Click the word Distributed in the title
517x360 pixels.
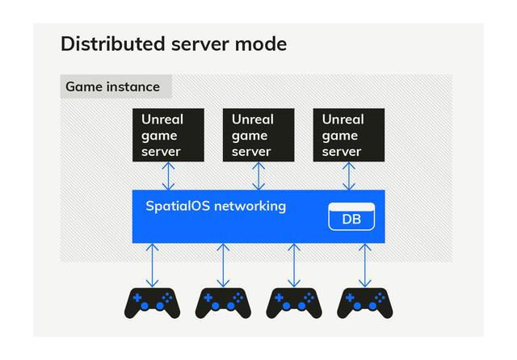(113, 44)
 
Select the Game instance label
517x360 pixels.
(113, 87)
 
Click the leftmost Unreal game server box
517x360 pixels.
(168, 135)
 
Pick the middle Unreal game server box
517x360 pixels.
(258, 135)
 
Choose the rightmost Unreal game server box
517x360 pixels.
(349, 135)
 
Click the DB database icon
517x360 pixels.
(351, 216)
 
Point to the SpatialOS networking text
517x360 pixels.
(216, 206)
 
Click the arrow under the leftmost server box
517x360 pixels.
(169, 176)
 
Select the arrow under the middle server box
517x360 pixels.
(258, 176)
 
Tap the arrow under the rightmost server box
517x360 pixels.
(349, 176)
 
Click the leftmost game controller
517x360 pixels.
(152, 303)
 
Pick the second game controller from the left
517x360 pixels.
(223, 303)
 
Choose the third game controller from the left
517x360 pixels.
(294, 303)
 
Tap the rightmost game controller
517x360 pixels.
(365, 303)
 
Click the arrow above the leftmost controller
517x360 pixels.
(152, 265)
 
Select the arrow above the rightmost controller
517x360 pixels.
(365, 265)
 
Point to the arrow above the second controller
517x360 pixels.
(223, 265)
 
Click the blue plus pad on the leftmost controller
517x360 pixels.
(137, 298)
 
